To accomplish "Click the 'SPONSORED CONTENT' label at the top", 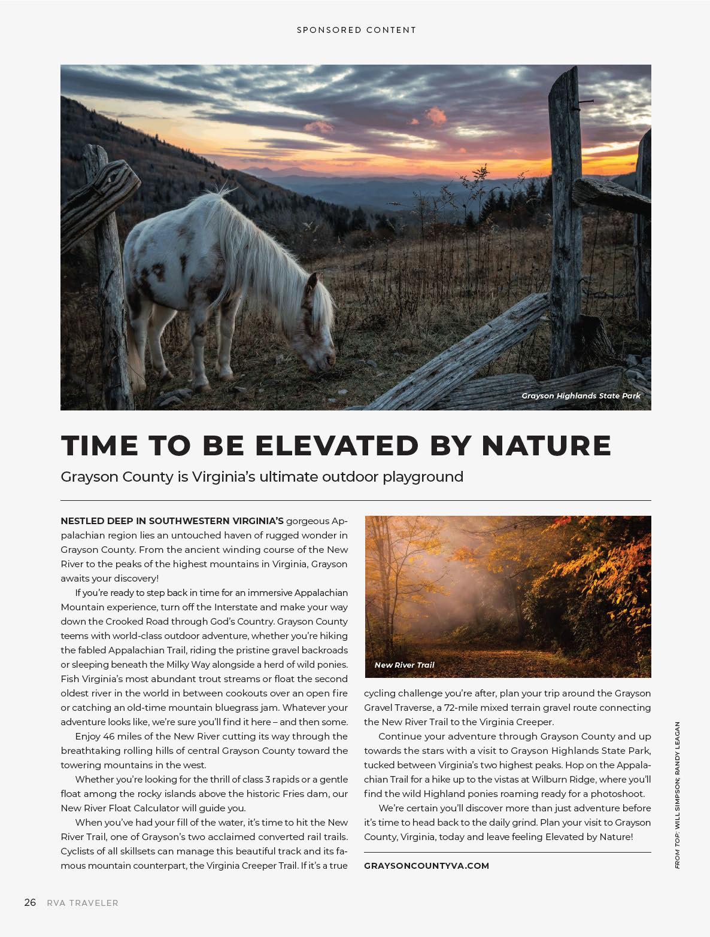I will pyautogui.click(x=356, y=30).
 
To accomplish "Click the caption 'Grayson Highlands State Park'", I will pyautogui.click(x=581, y=396).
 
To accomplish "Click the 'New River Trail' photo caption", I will pyautogui.click(x=404, y=665).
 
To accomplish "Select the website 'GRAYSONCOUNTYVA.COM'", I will pyautogui.click(x=426, y=865).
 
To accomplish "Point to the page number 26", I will pyautogui.click(x=31, y=902).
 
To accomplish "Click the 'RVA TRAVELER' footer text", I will pyautogui.click(x=83, y=903).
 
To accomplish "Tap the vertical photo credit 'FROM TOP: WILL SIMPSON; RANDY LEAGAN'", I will pyautogui.click(x=677, y=796).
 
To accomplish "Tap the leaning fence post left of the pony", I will pyautogui.click(x=108, y=263).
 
